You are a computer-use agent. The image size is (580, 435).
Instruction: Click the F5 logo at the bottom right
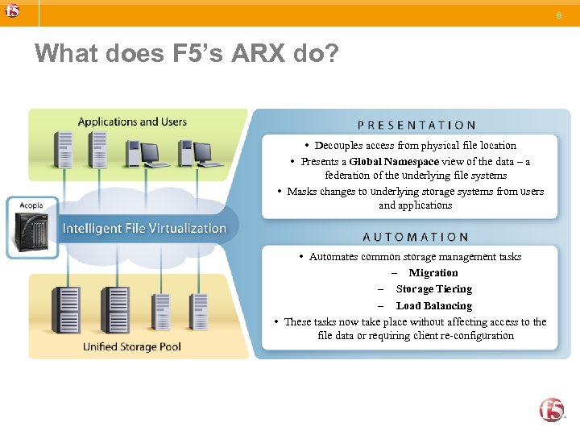[553, 409]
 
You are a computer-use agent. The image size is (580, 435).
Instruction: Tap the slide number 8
[558, 14]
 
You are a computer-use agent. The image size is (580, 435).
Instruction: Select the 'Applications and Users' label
[132, 122]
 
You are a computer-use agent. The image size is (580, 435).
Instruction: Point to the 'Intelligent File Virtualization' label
[144, 228]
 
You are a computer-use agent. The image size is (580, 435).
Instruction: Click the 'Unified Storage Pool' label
[132, 346]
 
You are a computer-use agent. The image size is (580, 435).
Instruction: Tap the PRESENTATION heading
[416, 125]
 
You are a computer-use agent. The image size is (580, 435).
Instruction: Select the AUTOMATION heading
[416, 237]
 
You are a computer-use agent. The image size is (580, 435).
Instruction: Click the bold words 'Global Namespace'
[394, 161]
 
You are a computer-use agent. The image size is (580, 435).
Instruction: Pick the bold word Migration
[433, 272]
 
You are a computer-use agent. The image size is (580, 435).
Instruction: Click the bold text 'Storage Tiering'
[434, 288]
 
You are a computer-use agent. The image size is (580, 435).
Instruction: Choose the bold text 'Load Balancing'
[434, 305]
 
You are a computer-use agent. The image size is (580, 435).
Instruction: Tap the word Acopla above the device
[31, 206]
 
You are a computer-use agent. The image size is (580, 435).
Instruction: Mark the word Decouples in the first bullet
[338, 145]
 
